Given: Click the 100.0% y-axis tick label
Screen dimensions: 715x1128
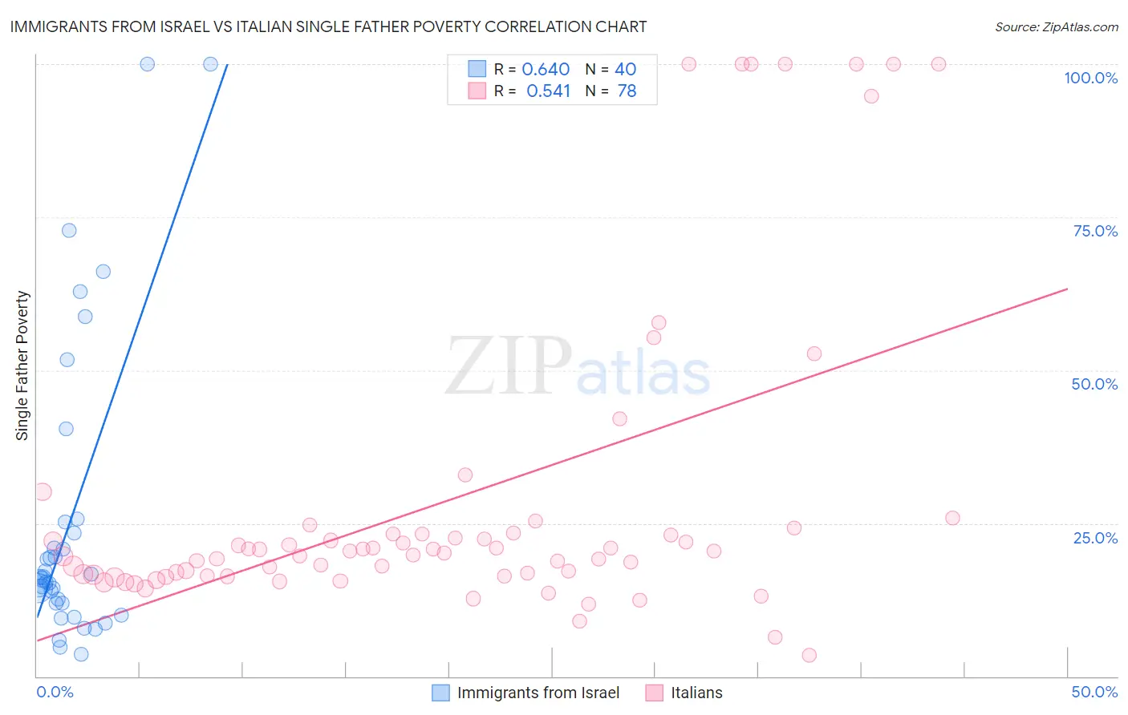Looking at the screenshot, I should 1090,78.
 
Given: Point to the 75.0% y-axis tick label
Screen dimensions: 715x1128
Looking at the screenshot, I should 1095,231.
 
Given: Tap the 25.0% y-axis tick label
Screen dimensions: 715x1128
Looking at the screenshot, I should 1095,538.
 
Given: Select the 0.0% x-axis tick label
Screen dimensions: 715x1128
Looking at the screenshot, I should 55,692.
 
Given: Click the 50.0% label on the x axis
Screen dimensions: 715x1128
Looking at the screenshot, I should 1094,692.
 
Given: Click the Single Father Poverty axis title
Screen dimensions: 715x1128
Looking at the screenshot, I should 22,365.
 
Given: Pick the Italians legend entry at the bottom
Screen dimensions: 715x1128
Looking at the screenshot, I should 696,693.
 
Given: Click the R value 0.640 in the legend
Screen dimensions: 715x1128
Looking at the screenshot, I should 546,70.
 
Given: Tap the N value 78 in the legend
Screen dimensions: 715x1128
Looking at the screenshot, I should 627,91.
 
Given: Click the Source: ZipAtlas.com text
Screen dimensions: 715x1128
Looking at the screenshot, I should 1056,27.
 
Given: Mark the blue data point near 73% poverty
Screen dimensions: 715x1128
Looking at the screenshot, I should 69,230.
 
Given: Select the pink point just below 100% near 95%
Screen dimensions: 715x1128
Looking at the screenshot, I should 871,96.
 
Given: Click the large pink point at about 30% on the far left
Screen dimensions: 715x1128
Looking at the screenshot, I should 43,492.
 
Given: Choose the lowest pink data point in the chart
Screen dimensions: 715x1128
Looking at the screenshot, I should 809,655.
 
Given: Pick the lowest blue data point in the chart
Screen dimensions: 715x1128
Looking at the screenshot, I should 81,654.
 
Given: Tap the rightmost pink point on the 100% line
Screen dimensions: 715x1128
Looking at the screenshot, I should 938,64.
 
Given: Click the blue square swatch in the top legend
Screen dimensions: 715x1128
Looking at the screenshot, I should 477,69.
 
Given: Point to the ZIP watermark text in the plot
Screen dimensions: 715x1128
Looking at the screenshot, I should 509,366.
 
